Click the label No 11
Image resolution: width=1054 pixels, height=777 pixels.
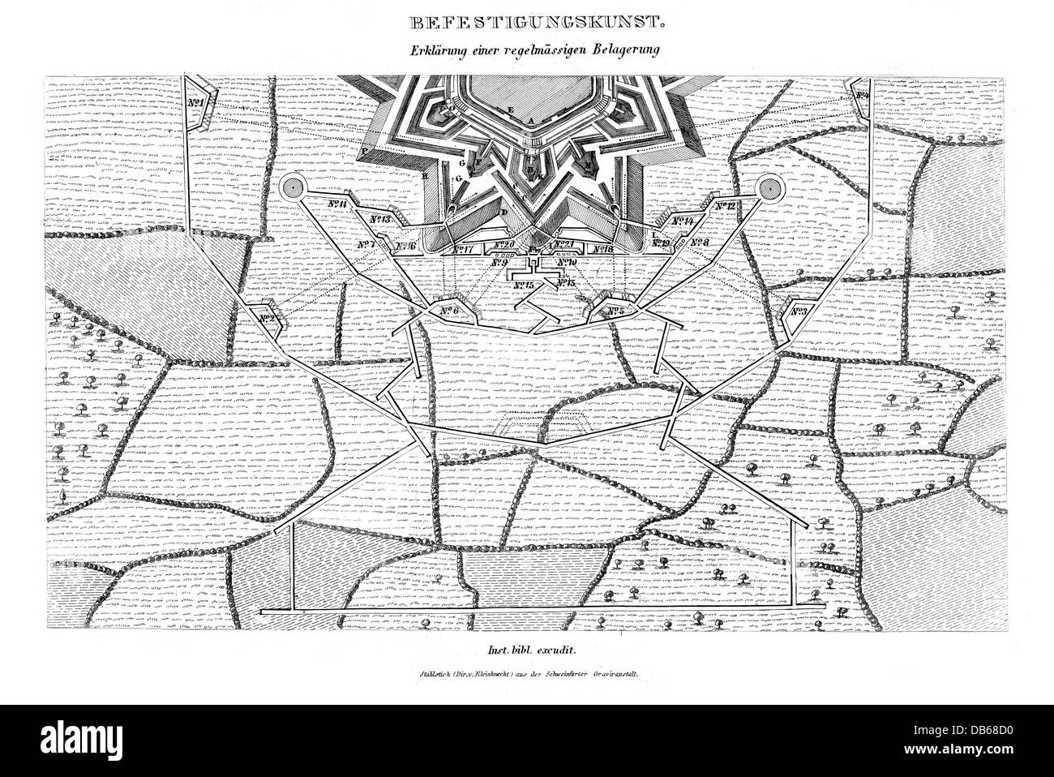pos(332,204)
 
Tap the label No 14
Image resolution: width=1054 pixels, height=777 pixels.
pos(683,221)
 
